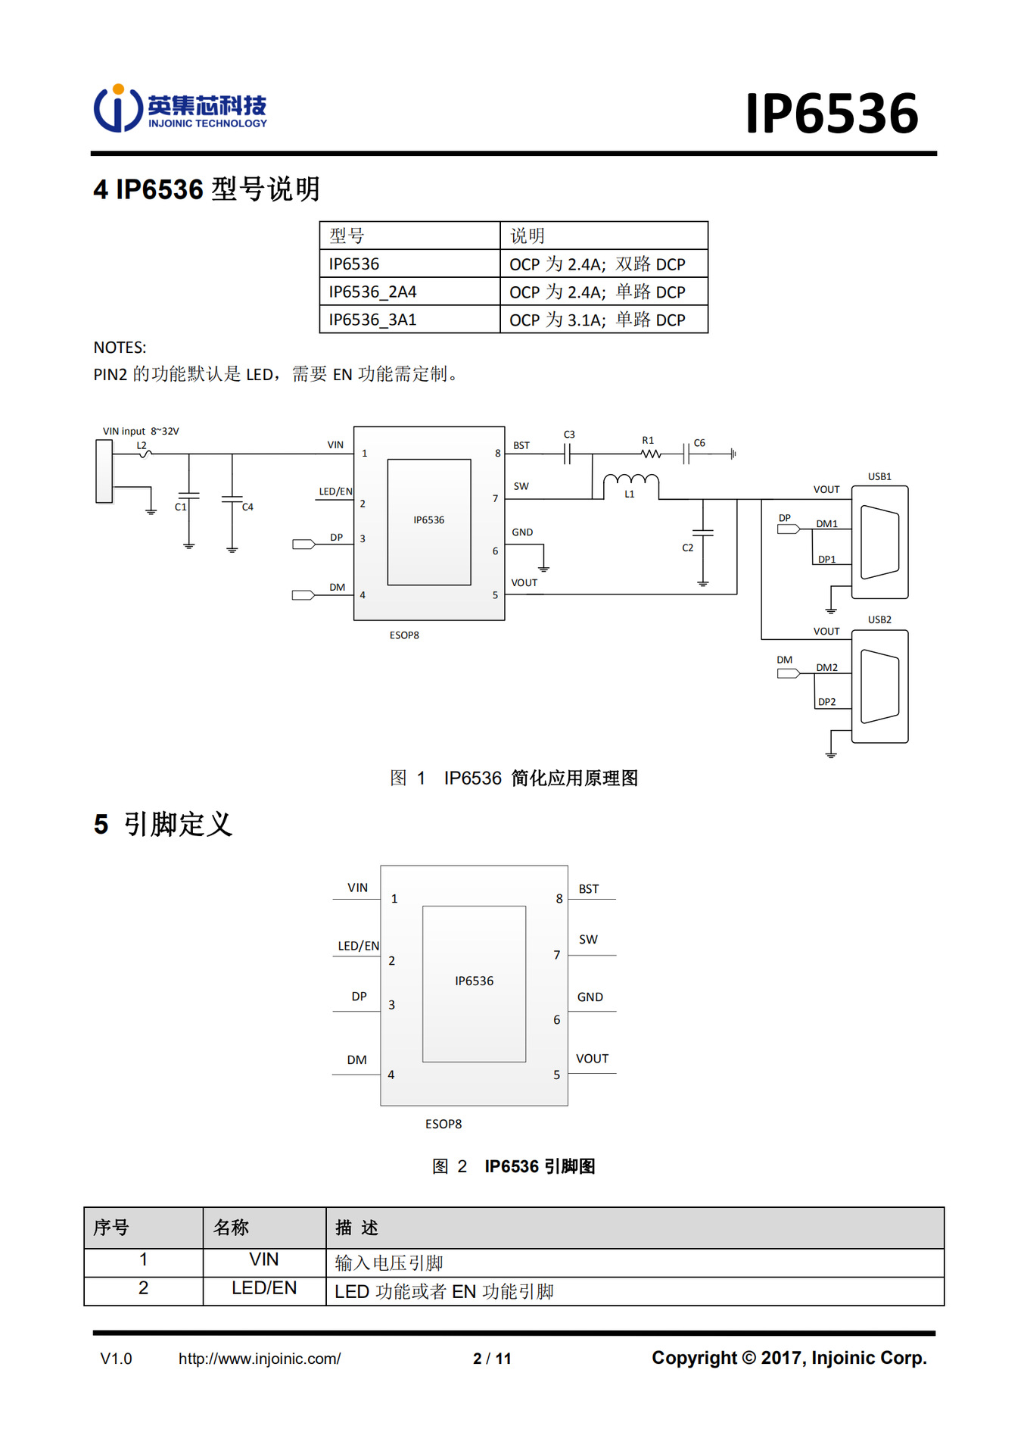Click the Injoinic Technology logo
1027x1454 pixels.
(x=180, y=109)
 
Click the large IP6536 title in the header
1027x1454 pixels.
(x=831, y=114)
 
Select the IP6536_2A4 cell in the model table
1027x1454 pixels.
(x=372, y=292)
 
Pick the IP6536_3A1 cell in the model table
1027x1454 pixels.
(x=372, y=320)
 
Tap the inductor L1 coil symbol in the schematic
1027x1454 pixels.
(x=630, y=480)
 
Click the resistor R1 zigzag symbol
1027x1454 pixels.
(x=650, y=454)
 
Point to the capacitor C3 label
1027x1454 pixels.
(x=569, y=435)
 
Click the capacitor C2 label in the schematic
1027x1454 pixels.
(x=687, y=548)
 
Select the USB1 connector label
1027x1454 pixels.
(x=879, y=476)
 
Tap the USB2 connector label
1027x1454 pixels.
(x=879, y=619)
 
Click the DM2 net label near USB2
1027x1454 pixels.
(x=826, y=667)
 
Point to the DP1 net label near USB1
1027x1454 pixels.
(x=826, y=559)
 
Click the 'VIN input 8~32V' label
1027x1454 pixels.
(x=141, y=431)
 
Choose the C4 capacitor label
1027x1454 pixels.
(x=247, y=507)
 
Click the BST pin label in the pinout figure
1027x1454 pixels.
(x=588, y=889)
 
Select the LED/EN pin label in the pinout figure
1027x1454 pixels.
(x=358, y=946)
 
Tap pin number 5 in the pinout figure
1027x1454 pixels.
(x=556, y=1075)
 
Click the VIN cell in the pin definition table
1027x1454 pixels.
(x=264, y=1259)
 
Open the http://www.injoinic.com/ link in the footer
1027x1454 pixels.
(x=260, y=1359)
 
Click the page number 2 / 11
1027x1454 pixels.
(x=492, y=1359)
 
